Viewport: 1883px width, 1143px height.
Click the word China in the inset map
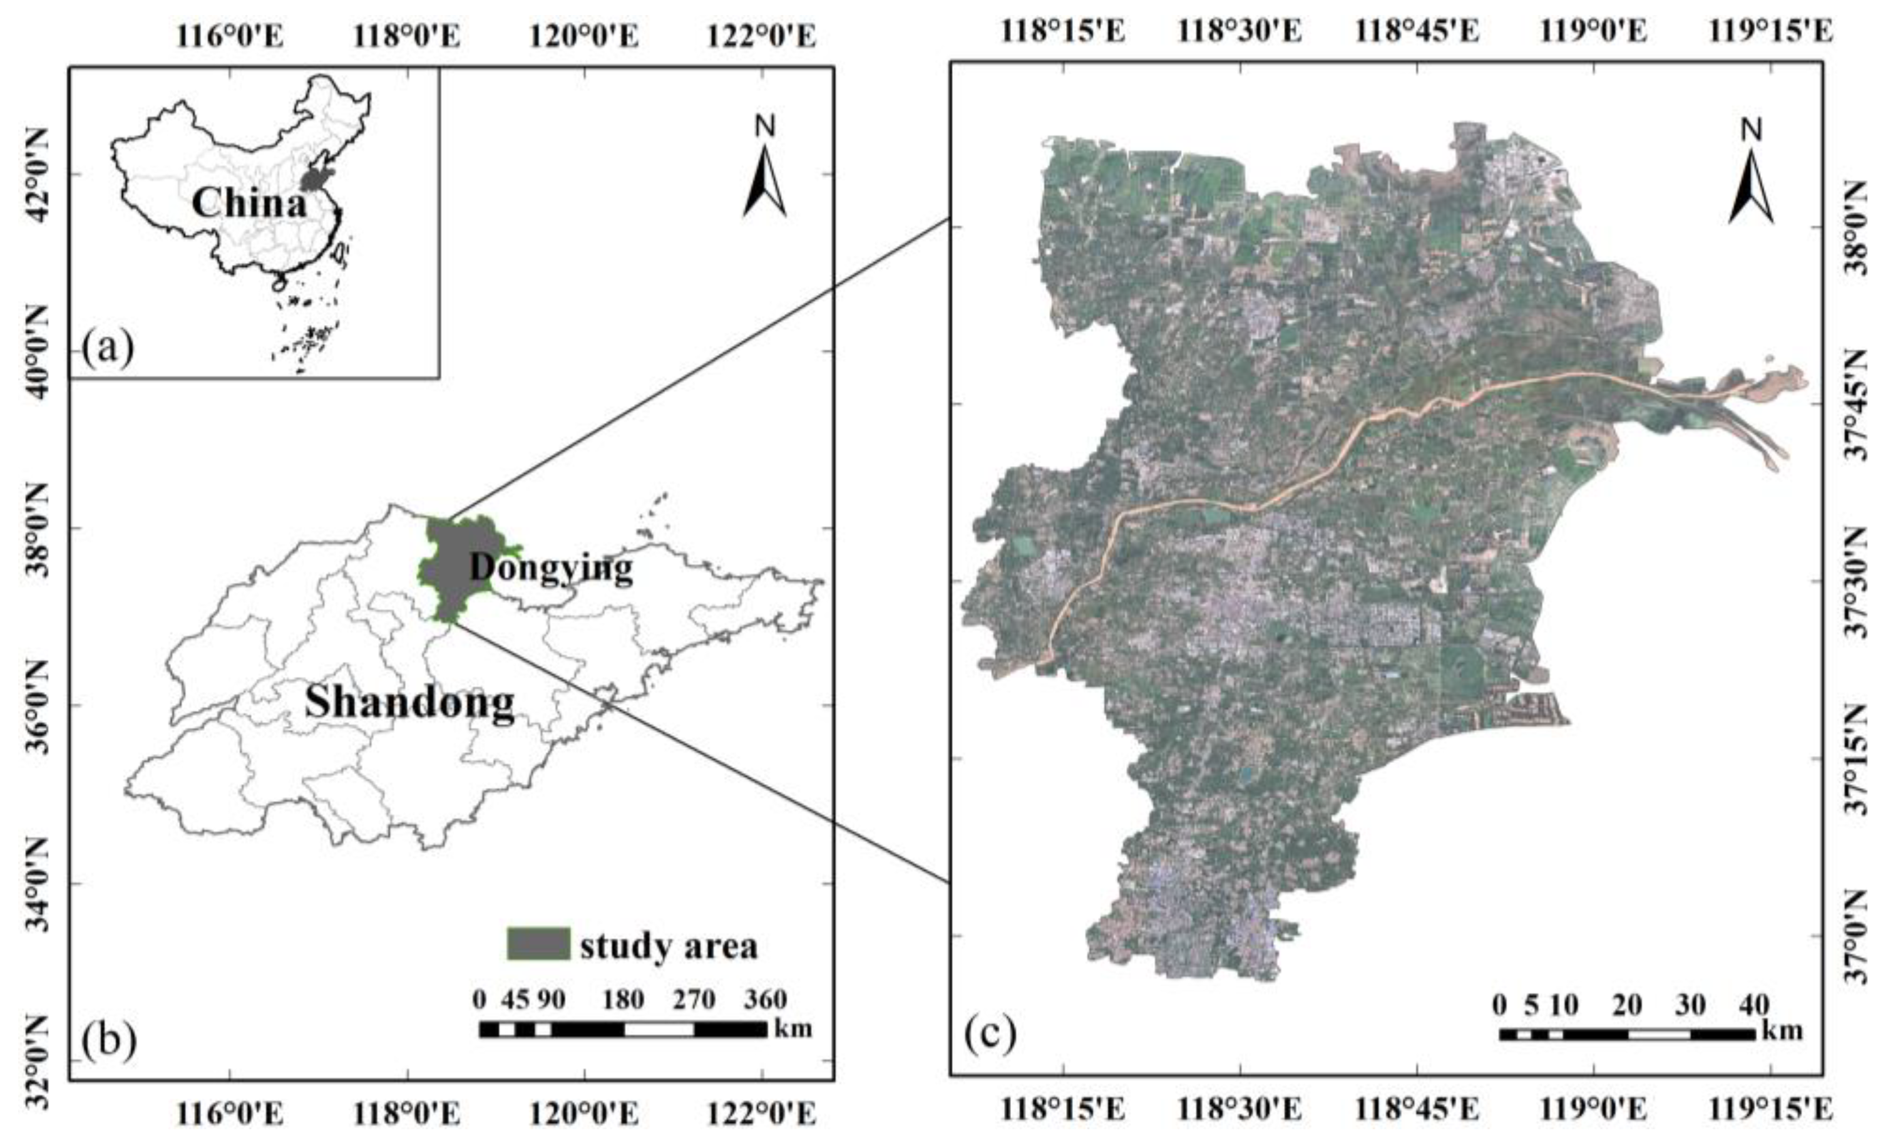pyautogui.click(x=249, y=204)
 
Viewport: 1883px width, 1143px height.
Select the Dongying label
pyautogui.click(x=551, y=568)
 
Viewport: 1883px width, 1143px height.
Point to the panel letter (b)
pyautogui.click(x=110, y=1040)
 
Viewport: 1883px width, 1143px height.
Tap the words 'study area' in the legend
pyautogui.click(x=669, y=946)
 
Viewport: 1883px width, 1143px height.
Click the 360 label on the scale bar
pyautogui.click(x=765, y=1000)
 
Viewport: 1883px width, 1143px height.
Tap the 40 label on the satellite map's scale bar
pyautogui.click(x=1753, y=1005)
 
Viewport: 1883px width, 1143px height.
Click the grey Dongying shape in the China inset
pyautogui.click(x=312, y=180)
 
